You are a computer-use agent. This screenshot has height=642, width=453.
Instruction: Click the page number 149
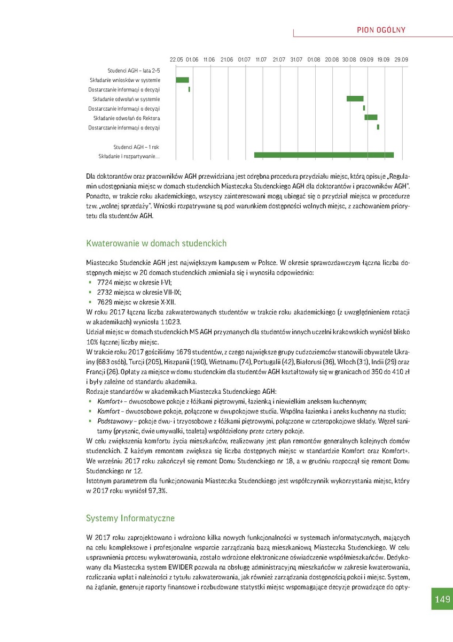pyautogui.click(x=442, y=600)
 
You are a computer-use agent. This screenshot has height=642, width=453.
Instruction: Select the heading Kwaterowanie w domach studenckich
pyautogui.click(x=156, y=243)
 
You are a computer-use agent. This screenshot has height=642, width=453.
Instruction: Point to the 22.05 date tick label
pyautogui.click(x=176, y=59)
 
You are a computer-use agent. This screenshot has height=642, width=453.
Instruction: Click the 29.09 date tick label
pyautogui.click(x=401, y=59)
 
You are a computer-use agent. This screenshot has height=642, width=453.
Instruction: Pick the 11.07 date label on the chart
pyautogui.click(x=261, y=59)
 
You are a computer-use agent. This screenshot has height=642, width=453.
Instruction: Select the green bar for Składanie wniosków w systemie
pyautogui.click(x=182, y=80)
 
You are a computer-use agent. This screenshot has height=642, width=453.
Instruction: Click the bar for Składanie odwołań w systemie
pyautogui.click(x=355, y=98)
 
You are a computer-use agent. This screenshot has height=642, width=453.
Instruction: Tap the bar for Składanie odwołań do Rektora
pyautogui.click(x=371, y=117)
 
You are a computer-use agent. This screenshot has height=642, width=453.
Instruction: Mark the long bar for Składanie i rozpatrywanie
pyautogui.click(x=324, y=155)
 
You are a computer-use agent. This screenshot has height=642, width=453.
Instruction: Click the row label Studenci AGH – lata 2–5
pyautogui.click(x=134, y=71)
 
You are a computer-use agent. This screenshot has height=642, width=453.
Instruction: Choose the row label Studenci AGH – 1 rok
pyautogui.click(x=136, y=147)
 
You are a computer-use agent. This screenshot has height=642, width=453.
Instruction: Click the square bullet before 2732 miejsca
pyautogui.click(x=91, y=293)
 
